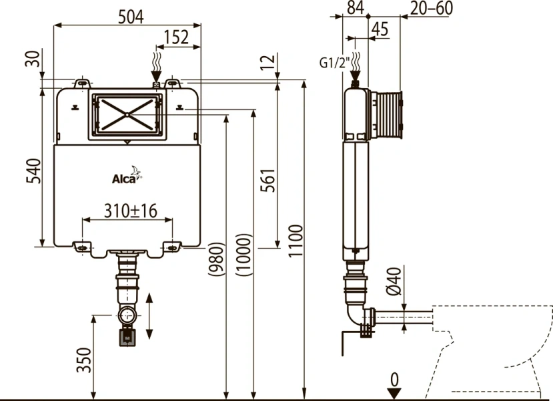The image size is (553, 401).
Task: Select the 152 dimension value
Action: click(x=176, y=37)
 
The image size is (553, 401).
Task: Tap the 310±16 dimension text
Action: click(x=130, y=211)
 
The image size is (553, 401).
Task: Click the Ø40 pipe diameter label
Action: click(x=393, y=281)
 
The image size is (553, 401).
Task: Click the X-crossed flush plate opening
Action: click(x=126, y=114)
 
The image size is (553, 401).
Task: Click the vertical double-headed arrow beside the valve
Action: click(x=149, y=315)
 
